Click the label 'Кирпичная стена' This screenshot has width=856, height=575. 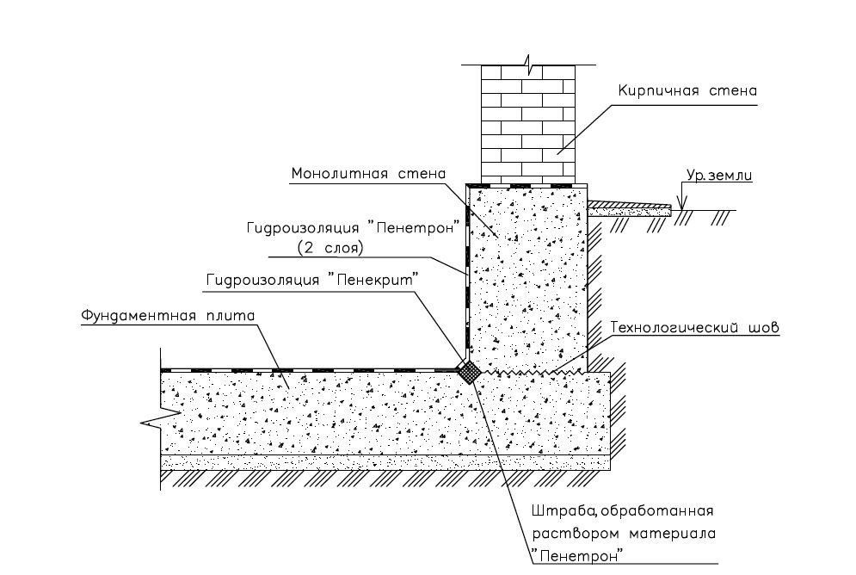tap(687, 90)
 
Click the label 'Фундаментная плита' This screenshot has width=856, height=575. tap(169, 315)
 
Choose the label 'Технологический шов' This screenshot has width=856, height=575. tap(694, 328)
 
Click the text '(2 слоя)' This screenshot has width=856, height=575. tap(331, 247)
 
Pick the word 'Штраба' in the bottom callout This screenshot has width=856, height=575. tap(559, 513)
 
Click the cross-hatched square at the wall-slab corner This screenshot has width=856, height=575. tap(470, 373)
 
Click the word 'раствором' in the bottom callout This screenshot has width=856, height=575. tap(564, 534)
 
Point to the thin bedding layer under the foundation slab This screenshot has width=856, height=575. tap(387, 462)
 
